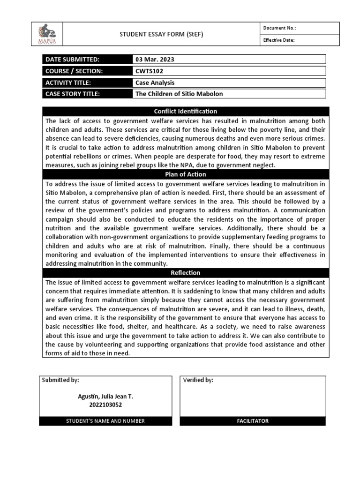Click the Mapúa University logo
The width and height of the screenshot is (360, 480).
point(46,34)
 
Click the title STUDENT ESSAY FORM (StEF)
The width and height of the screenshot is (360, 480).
point(162,34)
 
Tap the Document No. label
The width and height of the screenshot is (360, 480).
point(279,28)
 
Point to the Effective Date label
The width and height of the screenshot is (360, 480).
point(279,40)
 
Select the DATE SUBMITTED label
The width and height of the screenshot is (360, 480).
point(73,60)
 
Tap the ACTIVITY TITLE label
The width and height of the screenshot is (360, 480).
point(68,82)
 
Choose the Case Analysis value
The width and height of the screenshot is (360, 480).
point(155,82)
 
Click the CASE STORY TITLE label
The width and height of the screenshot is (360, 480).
point(73,94)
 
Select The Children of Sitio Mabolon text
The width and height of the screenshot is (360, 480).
point(179,94)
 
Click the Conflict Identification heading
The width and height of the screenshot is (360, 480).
point(186,112)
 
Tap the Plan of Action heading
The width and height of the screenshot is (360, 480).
point(186,174)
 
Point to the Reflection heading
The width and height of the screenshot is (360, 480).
point(186,273)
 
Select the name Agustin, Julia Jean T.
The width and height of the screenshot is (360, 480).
point(105,397)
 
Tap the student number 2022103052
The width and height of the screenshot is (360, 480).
point(105,405)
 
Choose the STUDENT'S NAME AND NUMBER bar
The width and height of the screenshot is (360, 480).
point(105,421)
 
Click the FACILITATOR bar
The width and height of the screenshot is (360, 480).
point(253,421)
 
